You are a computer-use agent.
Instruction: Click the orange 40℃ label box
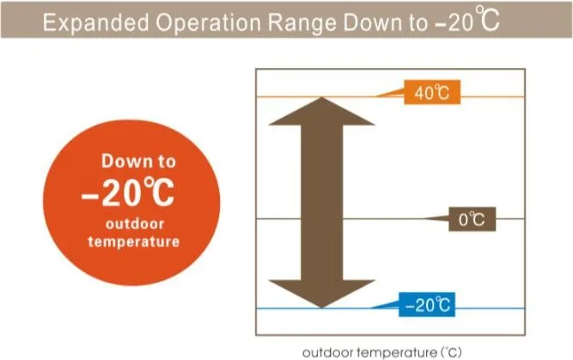[432, 92]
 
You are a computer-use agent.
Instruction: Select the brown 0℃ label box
[472, 219]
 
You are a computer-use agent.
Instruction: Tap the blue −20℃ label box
[427, 304]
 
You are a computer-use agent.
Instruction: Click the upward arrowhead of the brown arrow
[321, 111]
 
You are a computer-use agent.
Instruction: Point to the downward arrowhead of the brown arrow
[321, 294]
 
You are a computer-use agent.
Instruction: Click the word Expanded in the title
[95, 22]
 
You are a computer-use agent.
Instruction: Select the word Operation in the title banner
[208, 22]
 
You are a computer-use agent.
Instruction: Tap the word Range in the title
[302, 22]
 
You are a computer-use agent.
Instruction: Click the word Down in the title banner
[372, 22]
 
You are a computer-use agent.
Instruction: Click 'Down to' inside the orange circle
[138, 162]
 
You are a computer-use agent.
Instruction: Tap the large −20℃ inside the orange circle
[127, 192]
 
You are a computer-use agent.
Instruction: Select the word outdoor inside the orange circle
[135, 223]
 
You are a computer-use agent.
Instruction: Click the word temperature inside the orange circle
[134, 241]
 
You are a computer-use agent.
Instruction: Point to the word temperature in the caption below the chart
[397, 352]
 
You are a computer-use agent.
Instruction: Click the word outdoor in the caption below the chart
[328, 352]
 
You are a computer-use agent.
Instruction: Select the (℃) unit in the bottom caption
[451, 352]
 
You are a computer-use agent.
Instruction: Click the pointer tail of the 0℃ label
[436, 218]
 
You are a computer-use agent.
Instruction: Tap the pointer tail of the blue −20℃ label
[386, 305]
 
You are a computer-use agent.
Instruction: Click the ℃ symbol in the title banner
[487, 18]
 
